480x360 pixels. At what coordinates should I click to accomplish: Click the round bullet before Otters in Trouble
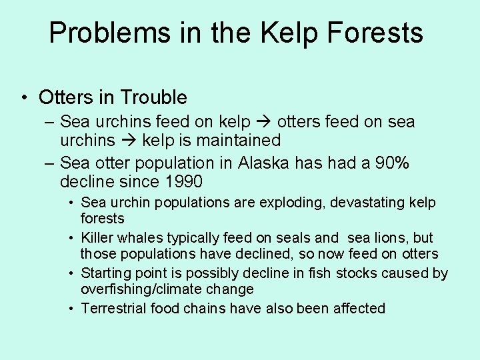[23, 98]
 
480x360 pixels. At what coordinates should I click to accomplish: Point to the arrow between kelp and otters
[263, 123]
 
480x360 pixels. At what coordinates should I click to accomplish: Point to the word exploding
[284, 203]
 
